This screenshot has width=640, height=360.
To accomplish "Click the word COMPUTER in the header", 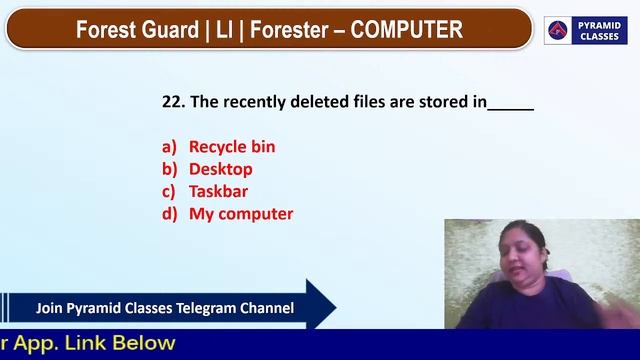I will coord(406,30).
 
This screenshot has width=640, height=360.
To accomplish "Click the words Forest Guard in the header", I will coord(137,30).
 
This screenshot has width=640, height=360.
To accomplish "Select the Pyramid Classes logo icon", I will coord(559,30).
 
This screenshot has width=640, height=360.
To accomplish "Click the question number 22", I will coord(171,102).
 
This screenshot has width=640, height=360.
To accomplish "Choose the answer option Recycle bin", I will coord(232,147).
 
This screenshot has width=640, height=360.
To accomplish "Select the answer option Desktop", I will coord(220,169).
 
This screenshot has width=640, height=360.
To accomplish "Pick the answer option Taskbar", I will coord(218,191).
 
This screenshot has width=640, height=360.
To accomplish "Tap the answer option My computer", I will coord(241,213).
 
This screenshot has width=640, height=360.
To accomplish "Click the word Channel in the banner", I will coord(267,308).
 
